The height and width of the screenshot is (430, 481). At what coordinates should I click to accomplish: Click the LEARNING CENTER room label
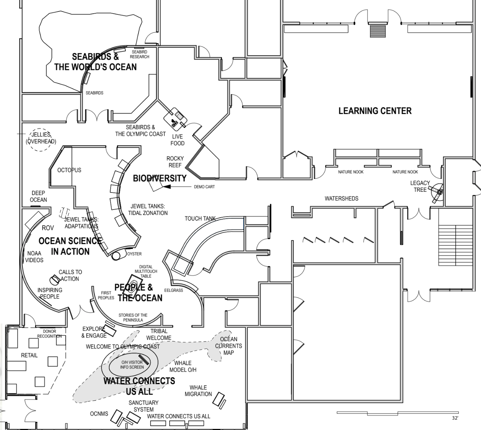375,111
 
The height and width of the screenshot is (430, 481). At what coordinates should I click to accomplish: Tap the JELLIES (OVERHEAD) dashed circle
41,138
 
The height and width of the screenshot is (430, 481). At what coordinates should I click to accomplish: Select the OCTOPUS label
69,170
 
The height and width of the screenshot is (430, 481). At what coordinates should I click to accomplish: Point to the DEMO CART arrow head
167,187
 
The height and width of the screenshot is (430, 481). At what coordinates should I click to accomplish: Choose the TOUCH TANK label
200,219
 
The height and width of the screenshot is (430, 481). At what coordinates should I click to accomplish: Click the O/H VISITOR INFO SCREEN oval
132,365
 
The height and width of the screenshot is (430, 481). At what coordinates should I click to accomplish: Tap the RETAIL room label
29,356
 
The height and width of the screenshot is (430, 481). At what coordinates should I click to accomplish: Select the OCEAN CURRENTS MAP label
229,346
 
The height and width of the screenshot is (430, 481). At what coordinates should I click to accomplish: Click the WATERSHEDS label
341,198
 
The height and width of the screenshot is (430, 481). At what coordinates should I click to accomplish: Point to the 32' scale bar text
455,418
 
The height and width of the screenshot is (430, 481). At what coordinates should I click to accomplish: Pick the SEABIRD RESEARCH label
139,55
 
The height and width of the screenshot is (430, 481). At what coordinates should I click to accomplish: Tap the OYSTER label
134,254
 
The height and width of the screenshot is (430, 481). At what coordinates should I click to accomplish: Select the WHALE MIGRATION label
198,391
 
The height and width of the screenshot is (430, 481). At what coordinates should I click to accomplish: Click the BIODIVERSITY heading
160,178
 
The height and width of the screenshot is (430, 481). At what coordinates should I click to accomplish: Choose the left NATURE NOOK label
351,172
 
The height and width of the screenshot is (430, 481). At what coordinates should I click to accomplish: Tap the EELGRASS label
173,290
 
